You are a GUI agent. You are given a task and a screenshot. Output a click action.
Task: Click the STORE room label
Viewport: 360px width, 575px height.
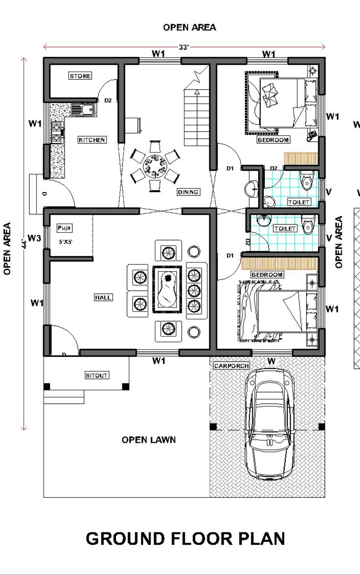coord(80,76)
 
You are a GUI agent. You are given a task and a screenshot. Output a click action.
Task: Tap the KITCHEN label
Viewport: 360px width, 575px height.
coord(92,140)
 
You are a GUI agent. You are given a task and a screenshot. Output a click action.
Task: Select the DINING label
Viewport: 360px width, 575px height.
coord(188,192)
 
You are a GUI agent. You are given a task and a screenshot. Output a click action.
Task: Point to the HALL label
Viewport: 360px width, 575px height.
coord(103,297)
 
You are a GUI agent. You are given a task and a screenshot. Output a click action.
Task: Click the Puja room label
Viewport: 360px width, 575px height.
coord(64,228)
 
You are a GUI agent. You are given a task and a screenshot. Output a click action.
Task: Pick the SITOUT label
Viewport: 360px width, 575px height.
coord(97,375)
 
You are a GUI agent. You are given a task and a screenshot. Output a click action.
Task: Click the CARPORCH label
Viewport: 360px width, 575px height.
coord(232,366)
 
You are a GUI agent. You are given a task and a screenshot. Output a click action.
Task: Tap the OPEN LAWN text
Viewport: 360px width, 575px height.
coord(149,440)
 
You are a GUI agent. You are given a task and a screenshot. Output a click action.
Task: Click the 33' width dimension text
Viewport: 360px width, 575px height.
coord(184,47)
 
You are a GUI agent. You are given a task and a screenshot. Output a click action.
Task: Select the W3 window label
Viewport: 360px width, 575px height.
coord(34,238)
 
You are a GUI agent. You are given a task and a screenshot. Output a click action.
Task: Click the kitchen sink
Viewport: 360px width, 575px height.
coord(83,109)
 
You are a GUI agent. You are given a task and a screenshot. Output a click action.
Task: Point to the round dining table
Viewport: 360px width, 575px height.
coord(155,166)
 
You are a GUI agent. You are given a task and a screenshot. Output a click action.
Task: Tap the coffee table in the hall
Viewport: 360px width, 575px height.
coord(167,290)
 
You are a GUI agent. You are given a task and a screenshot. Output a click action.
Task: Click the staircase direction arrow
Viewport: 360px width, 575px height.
coord(197,92)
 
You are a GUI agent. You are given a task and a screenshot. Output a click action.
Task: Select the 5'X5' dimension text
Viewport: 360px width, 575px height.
coord(65,242)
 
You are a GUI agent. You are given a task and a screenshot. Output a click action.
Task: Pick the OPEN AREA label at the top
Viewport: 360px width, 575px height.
coord(190,27)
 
